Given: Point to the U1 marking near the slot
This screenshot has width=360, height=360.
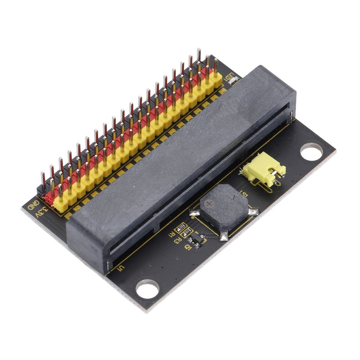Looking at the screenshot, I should (x=120, y=270).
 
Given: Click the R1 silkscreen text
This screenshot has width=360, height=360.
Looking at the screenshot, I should (x=171, y=234).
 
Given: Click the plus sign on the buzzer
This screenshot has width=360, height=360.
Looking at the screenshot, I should (x=208, y=204).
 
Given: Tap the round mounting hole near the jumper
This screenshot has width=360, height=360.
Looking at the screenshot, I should (x=311, y=151).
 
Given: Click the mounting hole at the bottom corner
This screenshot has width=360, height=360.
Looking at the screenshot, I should (x=148, y=289).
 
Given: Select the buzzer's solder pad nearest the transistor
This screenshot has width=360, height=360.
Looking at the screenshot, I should (x=224, y=235).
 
